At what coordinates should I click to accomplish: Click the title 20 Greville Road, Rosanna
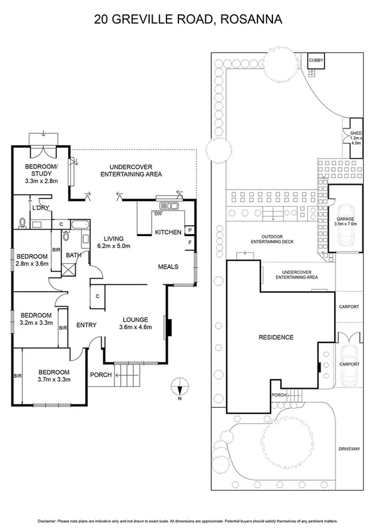tap(188, 19)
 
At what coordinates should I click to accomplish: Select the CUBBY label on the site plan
tap(316, 60)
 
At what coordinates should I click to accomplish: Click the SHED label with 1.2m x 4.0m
tap(356, 138)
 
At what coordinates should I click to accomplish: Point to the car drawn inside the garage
tap(346, 232)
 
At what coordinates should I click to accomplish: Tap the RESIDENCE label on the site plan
tap(276, 338)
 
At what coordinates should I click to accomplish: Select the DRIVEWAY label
tap(348, 449)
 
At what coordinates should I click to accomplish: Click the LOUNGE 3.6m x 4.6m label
tap(135, 322)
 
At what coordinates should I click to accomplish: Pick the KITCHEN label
tap(168, 232)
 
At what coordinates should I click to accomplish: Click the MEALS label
tap(168, 267)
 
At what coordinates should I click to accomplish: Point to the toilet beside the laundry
tap(24, 222)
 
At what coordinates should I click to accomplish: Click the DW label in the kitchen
tap(157, 214)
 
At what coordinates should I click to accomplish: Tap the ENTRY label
tap(85, 324)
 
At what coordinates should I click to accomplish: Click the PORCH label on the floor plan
tap(101, 374)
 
